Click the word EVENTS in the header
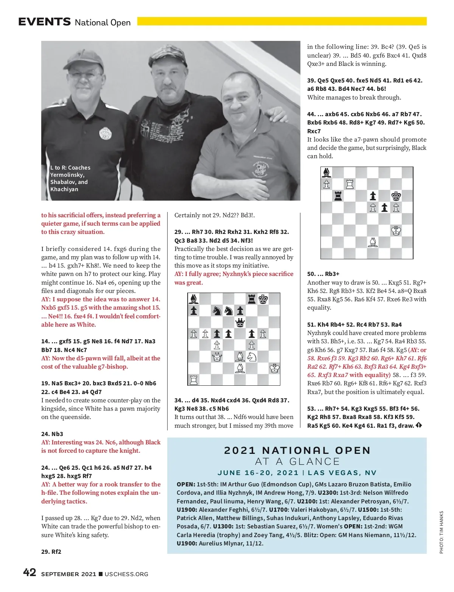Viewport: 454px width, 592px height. [45, 22]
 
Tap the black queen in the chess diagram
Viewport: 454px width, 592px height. [240, 322]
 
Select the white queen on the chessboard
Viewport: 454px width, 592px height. [217, 357]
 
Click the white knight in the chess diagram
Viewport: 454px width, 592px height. [252, 357]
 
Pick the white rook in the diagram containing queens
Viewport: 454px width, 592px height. [194, 380]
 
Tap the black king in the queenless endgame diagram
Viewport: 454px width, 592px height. [396, 196]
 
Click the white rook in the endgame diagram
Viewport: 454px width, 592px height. [350, 184]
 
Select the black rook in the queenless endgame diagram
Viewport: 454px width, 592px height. [338, 196]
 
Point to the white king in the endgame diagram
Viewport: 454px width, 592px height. [396, 231]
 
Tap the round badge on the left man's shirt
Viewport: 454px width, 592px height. [105, 133]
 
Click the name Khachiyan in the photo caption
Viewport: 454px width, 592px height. [64, 189]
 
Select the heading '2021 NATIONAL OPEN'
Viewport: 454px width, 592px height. [297, 450]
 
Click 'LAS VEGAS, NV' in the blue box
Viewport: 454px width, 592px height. [342, 473]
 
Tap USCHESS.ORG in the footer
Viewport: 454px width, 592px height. [126, 574]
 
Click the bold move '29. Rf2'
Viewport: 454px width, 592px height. [51, 552]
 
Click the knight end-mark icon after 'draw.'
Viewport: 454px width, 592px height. [418, 425]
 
